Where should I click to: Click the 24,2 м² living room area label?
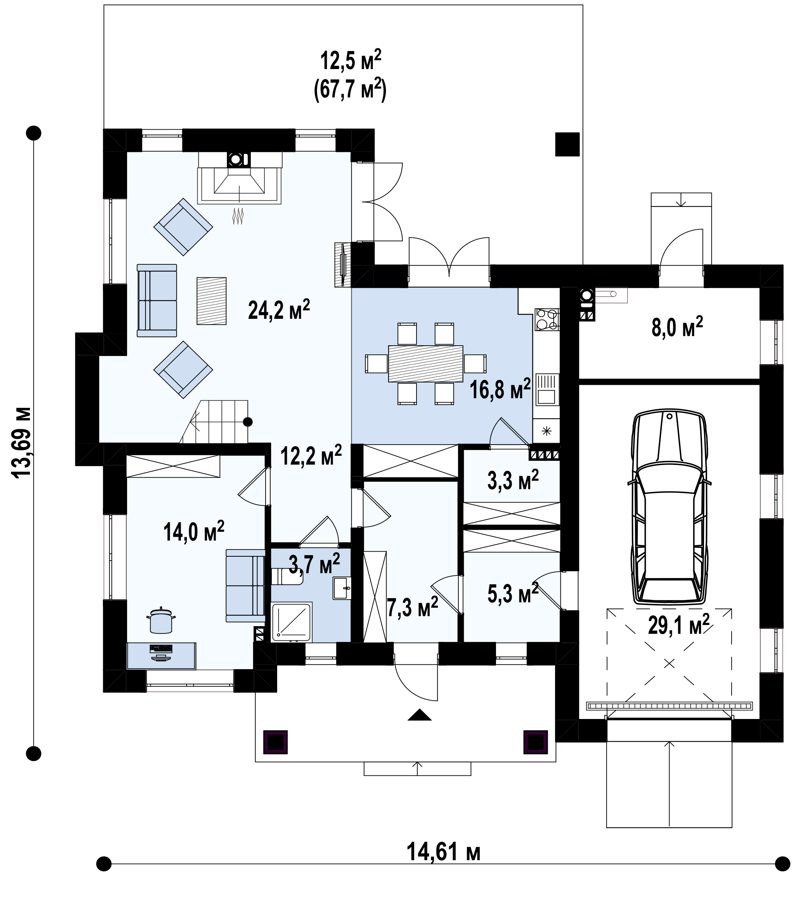pos(279,310)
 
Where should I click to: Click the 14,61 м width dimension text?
pos(443,852)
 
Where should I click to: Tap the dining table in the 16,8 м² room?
pos(425,363)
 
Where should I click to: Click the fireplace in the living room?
pos(239,178)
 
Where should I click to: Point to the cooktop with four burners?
pos(547,320)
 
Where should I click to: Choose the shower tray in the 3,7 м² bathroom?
pos(291,622)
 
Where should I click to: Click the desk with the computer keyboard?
pos(161,656)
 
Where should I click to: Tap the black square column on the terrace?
pos(567,144)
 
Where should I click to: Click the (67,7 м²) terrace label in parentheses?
pos(350,89)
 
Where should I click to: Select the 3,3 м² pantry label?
pos(513,480)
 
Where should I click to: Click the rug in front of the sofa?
pos(212,301)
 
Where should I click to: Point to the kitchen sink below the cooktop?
pos(547,389)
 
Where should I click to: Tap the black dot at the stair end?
pos(248,422)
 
